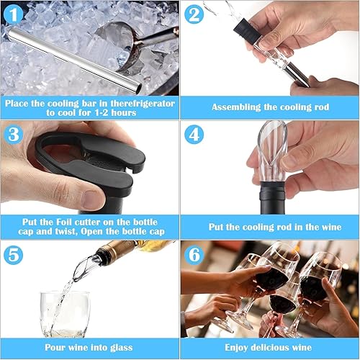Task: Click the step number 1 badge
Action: (14, 14)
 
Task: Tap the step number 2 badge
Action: (194, 14)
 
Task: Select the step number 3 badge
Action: (14, 135)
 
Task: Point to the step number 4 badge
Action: (194, 135)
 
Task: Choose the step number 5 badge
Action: (14, 255)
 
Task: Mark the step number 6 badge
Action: (194, 255)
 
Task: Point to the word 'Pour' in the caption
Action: (55, 347)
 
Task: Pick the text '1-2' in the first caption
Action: (103, 113)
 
